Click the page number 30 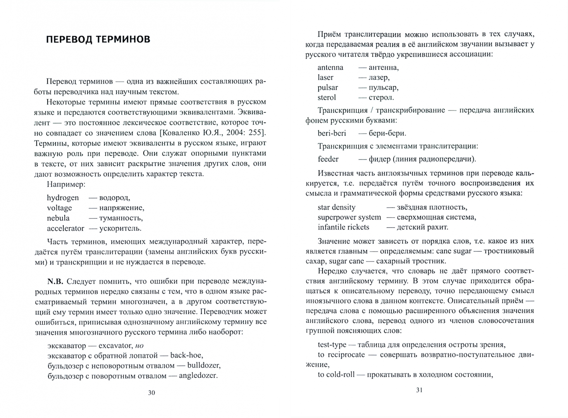pos(151,393)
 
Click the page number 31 pos(419,390)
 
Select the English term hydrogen pos(63,198)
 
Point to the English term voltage pos(60,208)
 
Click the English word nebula pos(58,218)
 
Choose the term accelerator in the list pos(65,228)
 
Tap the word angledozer pos(198,375)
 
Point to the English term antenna pos(330,67)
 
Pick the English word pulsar pos(328,87)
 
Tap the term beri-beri pos(332,133)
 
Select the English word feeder pos(328,159)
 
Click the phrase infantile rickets pos(343,227)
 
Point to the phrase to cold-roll pos(336,375)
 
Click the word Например pos(65,184)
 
